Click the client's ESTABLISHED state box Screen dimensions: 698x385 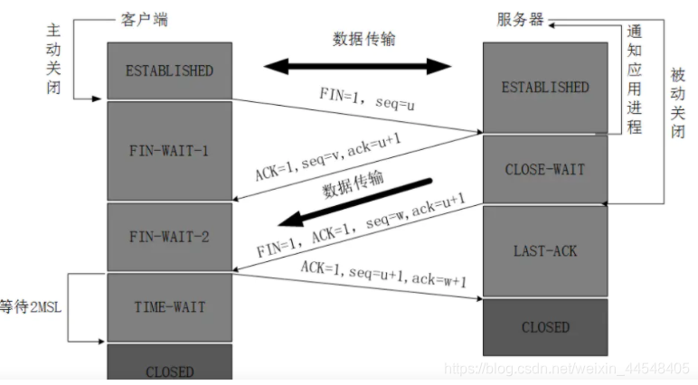169,70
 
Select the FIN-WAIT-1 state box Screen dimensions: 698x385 169,150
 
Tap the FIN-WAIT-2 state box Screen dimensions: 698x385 169,237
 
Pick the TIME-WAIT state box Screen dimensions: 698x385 169,307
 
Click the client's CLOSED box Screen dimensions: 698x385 169,365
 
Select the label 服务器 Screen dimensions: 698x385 520,18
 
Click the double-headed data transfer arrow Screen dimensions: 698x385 356,65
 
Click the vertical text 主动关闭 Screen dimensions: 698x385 53,59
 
